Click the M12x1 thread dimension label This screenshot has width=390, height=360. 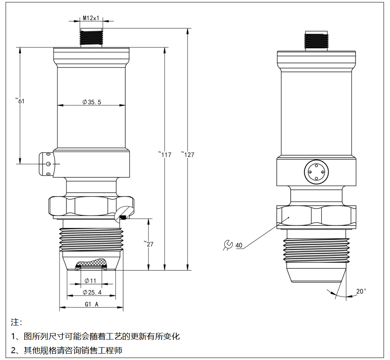coord(91,18)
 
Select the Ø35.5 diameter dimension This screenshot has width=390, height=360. coord(92,102)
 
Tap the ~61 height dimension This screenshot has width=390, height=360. coord(21,100)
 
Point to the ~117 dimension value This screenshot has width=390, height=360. coord(165,154)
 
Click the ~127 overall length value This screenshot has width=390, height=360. coord(187,154)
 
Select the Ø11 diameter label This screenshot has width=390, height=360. coord(90,280)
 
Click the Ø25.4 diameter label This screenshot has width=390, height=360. coord(92,292)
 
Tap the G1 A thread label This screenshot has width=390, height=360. coord(92,304)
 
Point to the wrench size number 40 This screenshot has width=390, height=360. coord(239,245)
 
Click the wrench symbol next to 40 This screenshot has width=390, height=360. coord(228,245)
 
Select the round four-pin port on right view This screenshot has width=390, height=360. coord(316,172)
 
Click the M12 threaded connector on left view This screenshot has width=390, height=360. coord(91,37)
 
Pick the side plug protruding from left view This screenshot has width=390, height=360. coord(47,164)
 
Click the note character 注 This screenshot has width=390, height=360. coord(16,322)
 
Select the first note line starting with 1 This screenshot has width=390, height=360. coord(95,336)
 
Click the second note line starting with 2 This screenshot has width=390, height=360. coord(67,350)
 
